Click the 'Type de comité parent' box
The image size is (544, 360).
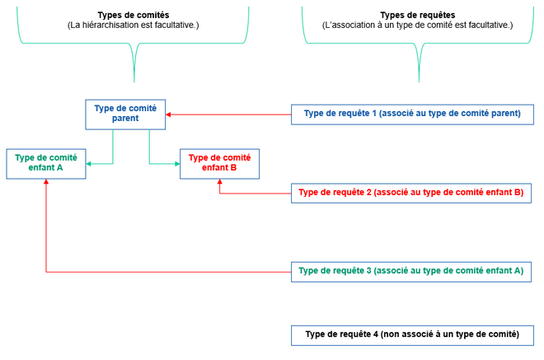(126, 114)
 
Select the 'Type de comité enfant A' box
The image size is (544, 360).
(46, 163)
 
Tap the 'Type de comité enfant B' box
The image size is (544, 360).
(219, 163)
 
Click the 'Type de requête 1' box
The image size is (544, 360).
(412, 114)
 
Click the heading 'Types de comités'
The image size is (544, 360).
(134, 16)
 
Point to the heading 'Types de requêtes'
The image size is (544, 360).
(417, 16)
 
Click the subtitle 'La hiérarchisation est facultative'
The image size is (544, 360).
(134, 26)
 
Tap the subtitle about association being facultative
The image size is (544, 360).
(417, 26)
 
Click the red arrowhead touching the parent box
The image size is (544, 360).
(171, 114)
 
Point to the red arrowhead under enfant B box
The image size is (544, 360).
(219, 184)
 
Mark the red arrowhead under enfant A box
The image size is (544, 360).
(46, 184)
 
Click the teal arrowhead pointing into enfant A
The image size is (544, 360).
(89, 164)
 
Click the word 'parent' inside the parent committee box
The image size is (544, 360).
(126, 119)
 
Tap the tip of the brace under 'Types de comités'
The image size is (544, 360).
(134, 80)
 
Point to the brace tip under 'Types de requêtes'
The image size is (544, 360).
(419, 80)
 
